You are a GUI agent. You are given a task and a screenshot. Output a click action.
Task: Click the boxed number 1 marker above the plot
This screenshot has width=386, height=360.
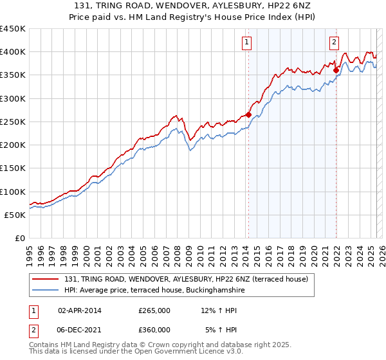tap(247, 43)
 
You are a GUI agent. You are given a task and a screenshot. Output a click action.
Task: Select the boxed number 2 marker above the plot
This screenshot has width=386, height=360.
tap(335, 43)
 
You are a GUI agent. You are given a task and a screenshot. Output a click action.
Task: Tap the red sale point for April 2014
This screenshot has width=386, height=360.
tap(248, 114)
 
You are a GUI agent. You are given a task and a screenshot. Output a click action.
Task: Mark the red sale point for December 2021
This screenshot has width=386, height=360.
tap(336, 70)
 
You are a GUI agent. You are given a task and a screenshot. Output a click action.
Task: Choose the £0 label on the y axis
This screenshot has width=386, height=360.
tap(20, 238)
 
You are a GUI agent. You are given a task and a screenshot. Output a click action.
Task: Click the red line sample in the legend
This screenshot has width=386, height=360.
tap(46, 279)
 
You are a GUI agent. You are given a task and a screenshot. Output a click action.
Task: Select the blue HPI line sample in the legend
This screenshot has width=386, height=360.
tap(46, 291)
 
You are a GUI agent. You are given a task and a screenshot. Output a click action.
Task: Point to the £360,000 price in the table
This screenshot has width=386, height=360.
tap(154, 329)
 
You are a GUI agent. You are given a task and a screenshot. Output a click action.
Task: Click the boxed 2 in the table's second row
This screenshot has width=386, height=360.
tap(33, 329)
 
